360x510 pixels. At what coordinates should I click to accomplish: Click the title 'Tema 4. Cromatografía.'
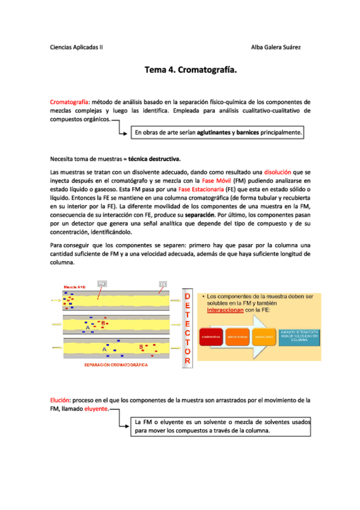coord(191,71)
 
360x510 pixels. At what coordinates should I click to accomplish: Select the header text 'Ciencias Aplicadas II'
coord(76,47)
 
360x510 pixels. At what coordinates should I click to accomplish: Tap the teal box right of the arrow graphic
coord(299,336)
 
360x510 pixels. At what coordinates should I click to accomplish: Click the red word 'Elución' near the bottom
coord(60,400)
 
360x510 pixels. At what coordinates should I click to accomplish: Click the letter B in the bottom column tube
coord(141,346)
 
